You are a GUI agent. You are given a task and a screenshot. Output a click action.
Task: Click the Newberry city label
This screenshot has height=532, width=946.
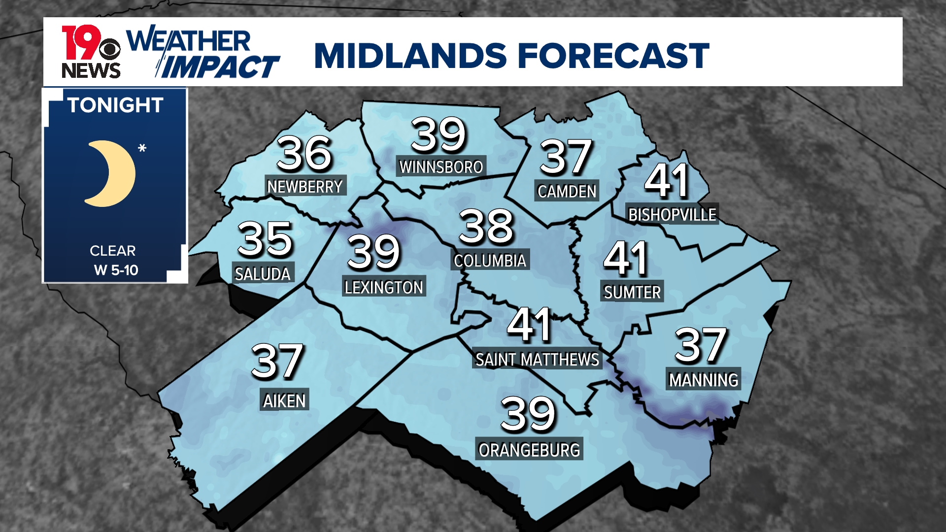[x=305, y=187]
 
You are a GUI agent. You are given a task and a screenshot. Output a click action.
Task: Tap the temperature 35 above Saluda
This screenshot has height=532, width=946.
[x=265, y=239]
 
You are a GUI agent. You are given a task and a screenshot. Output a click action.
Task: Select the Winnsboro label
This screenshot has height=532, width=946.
[x=441, y=167]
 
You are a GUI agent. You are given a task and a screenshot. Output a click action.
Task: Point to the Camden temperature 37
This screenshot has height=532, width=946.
[x=566, y=157]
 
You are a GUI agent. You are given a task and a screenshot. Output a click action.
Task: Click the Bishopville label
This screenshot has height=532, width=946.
[x=672, y=215]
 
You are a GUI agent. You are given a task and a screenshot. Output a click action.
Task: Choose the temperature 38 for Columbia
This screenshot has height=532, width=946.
[x=486, y=227]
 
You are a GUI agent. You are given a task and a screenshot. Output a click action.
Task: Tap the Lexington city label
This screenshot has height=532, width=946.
[x=384, y=287]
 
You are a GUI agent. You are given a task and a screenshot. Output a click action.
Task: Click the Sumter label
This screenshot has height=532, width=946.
[x=632, y=293]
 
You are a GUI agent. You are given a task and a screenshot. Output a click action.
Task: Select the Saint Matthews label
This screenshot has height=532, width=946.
[x=537, y=360]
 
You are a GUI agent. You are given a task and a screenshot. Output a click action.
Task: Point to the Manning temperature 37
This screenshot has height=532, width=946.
[x=701, y=345]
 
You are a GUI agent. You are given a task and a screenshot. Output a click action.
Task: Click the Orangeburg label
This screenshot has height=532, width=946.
[x=529, y=450]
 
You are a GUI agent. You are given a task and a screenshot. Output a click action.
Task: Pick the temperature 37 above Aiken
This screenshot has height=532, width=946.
[x=277, y=362]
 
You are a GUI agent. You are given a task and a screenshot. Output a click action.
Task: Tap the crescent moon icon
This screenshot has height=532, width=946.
[x=111, y=173]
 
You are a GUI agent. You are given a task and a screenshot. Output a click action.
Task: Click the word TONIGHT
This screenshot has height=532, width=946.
[x=116, y=105]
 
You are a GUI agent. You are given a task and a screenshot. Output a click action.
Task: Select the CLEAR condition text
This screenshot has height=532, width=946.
[x=112, y=251]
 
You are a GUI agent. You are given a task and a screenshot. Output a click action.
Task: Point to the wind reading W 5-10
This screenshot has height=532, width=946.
[x=116, y=270]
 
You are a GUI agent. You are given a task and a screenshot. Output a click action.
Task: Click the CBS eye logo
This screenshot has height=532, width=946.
[x=109, y=49]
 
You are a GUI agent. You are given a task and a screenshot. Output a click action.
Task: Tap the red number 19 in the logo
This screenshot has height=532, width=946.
[x=79, y=42]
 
